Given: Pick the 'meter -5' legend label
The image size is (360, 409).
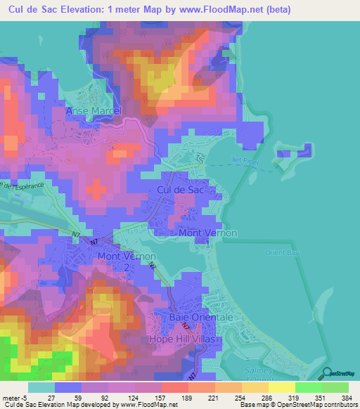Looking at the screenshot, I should (x=14, y=397).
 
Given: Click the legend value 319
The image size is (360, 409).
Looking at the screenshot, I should (x=285, y=397).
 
